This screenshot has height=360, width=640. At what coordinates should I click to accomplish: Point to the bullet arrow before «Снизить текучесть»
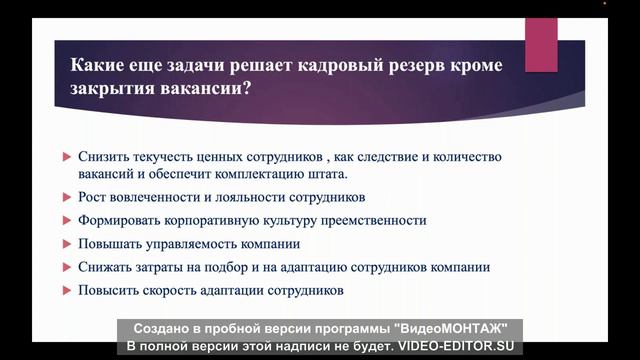(66, 158)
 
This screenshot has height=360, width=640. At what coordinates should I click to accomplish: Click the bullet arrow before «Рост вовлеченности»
(66, 197)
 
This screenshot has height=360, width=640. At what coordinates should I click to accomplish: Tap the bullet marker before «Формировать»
(66, 220)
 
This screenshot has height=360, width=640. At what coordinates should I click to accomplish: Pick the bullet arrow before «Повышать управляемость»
(66, 244)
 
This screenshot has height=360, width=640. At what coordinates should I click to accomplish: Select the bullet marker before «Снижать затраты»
(66, 267)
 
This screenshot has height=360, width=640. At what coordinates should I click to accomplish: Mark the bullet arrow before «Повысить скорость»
(66, 290)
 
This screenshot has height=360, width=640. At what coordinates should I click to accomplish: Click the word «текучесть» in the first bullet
(162, 158)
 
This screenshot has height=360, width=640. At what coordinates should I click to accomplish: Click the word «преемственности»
(369, 220)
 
